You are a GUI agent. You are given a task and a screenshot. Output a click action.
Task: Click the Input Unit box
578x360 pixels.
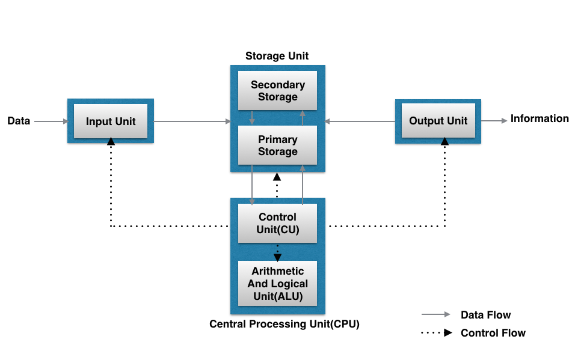click(111, 121)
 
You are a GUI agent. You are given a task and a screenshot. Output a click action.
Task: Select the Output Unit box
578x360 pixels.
click(438, 121)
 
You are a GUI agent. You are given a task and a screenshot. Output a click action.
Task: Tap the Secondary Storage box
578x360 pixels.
click(277, 91)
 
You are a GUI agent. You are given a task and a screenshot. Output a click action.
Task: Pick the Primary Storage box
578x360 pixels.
click(277, 145)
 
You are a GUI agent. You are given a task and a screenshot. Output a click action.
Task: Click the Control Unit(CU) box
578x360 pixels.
click(277, 223)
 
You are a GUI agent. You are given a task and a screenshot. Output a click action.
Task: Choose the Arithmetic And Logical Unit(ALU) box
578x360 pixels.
click(277, 284)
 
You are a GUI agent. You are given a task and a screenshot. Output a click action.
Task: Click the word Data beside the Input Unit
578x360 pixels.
click(19, 121)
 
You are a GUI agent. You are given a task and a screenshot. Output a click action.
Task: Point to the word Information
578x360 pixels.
click(539, 118)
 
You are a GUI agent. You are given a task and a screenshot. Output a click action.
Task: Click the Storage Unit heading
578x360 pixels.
click(277, 56)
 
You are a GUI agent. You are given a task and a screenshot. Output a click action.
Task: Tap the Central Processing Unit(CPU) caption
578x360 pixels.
click(284, 324)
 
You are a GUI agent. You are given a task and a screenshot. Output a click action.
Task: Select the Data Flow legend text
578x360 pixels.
click(485, 315)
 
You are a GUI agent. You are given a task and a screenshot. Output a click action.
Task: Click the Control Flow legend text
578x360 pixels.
click(493, 333)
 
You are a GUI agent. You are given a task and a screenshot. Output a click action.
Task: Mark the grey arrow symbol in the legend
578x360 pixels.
click(436, 314)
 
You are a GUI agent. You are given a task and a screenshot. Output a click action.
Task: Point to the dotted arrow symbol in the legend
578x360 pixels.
click(436, 333)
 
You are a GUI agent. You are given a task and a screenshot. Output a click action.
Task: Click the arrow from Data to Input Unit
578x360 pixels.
click(51, 121)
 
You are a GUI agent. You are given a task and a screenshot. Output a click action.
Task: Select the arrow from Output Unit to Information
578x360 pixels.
click(494, 121)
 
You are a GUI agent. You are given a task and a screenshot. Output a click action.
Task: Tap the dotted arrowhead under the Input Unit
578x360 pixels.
click(111, 142)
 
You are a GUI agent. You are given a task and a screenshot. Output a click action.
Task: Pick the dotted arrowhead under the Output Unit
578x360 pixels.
click(444, 141)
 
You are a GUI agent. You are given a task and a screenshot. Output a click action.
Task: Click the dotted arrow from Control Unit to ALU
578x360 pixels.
click(277, 252)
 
